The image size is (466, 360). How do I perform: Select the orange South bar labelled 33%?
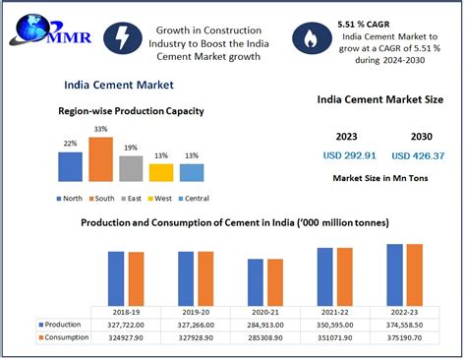(x=100, y=159)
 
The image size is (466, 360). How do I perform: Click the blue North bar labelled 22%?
(x=70, y=166)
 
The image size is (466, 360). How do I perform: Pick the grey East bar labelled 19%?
(x=131, y=168)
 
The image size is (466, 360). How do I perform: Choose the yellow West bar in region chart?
(x=161, y=172)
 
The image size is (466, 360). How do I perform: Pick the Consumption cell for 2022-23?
(x=403, y=337)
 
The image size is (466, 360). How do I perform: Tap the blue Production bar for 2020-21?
(x=255, y=280)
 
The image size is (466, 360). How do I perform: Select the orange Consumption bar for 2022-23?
(x=412, y=273)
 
